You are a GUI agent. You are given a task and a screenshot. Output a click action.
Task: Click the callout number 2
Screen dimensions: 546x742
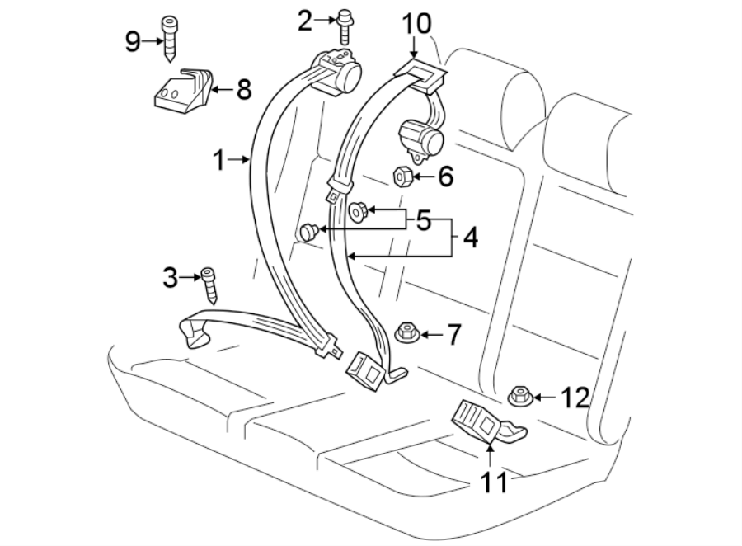pyautogui.click(x=306, y=20)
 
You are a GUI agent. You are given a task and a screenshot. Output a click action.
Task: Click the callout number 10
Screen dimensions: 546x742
pyautogui.click(x=416, y=23)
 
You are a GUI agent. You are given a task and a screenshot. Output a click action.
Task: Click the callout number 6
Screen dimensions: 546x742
pyautogui.click(x=445, y=176)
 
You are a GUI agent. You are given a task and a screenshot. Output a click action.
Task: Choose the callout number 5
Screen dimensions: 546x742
pyautogui.click(x=423, y=220)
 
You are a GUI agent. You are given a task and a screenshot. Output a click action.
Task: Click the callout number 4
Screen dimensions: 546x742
pyautogui.click(x=470, y=238)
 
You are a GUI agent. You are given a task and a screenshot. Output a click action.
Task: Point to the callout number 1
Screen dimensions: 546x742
pyautogui.click(x=219, y=160)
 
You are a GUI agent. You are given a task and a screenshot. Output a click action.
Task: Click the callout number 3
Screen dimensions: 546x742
pyautogui.click(x=170, y=278)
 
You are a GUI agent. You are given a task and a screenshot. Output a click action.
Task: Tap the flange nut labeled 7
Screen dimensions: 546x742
pyautogui.click(x=406, y=333)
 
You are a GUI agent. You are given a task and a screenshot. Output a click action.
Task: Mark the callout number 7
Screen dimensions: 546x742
pyautogui.click(x=453, y=334)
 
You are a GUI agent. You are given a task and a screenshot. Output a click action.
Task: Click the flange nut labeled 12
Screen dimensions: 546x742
pyautogui.click(x=519, y=397)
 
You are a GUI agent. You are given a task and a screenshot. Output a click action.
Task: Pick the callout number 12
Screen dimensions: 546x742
pyautogui.click(x=574, y=398)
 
